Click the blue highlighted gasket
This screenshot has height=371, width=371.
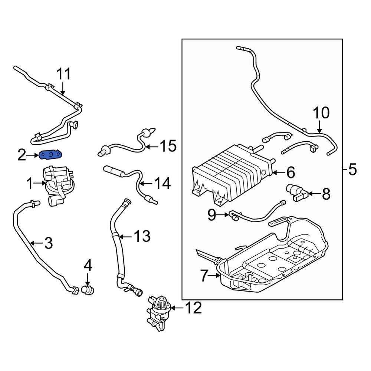51,155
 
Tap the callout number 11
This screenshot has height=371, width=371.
64,74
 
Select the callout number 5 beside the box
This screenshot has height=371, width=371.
352,170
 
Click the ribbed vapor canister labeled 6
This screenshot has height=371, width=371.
232,175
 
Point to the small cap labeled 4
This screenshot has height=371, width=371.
88,290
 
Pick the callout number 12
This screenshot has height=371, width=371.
193,308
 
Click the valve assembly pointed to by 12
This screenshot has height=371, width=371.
158,312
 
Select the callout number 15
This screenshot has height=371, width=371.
168,146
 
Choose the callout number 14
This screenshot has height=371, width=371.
162,183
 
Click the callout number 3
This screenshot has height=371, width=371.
49,243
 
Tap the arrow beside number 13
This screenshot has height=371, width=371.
125,236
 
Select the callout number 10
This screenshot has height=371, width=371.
321,113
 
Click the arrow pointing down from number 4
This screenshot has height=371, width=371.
88,279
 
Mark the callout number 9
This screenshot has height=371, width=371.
212,214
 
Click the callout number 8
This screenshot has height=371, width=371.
326,194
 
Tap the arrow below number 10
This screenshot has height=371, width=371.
319,127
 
